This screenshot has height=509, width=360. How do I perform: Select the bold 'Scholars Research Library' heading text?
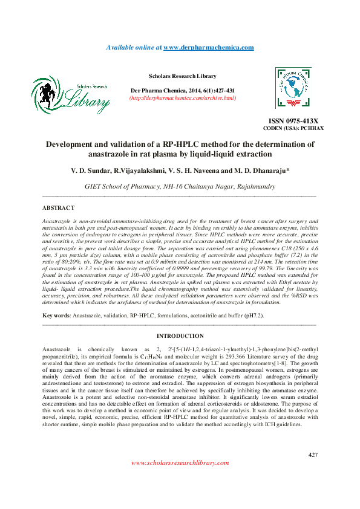tap(182, 76)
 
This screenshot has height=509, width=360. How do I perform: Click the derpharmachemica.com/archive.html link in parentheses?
tap(183, 97)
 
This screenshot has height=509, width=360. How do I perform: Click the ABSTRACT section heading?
tap(58, 207)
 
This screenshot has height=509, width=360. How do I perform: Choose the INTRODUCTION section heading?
tap(180, 336)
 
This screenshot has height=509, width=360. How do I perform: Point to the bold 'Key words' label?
tap(56, 316)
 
